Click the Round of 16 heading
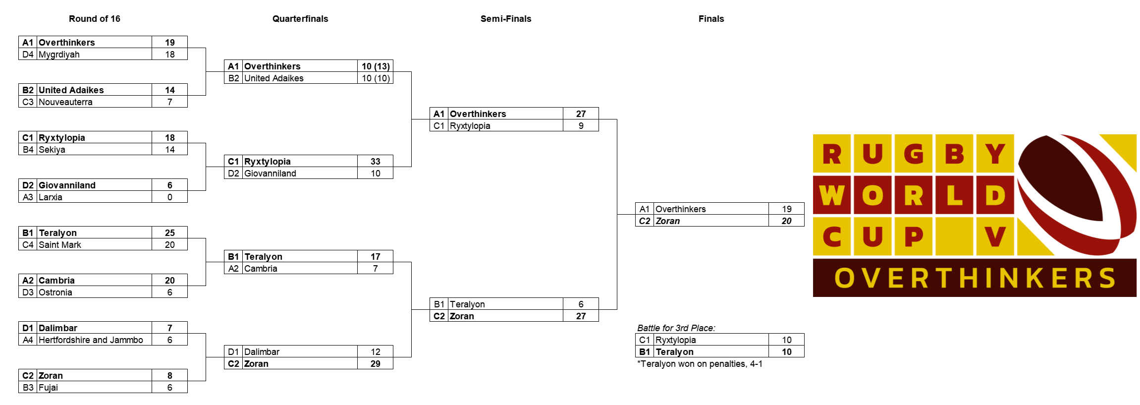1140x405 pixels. [94, 19]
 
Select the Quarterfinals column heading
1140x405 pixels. [300, 19]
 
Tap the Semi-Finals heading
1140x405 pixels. [506, 19]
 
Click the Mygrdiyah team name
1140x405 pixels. [59, 55]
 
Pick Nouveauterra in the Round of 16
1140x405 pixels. [65, 102]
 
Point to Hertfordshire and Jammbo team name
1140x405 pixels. [91, 340]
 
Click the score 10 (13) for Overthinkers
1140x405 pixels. [376, 66]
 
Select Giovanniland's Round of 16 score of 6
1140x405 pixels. [170, 185]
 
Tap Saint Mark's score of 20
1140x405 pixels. [170, 245]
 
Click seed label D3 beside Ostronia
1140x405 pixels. [28, 292]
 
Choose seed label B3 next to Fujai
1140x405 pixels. [28, 388]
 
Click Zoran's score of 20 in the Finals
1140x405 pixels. [787, 221]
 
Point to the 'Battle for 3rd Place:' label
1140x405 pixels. [676, 328]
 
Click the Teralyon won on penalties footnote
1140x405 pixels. [700, 364]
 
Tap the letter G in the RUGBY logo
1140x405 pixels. [914, 154]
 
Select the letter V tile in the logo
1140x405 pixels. [995, 236]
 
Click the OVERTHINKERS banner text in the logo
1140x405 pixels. [975, 278]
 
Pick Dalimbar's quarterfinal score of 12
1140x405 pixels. [376, 352]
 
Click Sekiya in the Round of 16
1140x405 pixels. [52, 150]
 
